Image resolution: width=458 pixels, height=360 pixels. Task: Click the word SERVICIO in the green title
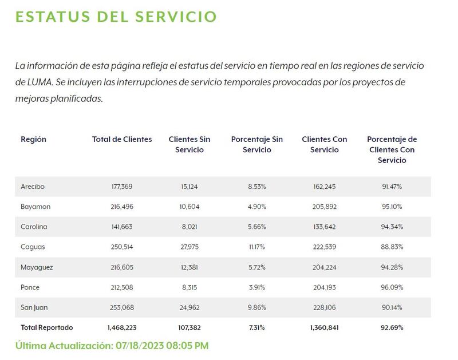pos(176,17)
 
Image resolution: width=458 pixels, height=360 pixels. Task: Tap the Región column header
pos(34,140)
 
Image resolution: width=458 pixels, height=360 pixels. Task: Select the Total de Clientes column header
pos(122,139)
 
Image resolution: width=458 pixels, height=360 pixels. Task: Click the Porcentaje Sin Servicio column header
pos(257,145)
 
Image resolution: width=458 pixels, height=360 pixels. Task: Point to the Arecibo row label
pos(33,187)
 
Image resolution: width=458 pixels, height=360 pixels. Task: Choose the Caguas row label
pos(33,247)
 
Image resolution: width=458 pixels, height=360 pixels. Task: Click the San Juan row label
pos(34,307)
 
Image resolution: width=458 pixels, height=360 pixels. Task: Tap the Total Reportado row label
pos(47,327)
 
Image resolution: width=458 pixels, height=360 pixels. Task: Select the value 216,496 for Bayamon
pos(122,207)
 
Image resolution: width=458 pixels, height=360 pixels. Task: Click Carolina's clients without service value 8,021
pos(189,227)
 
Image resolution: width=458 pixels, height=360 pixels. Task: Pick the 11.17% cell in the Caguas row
pos(257,247)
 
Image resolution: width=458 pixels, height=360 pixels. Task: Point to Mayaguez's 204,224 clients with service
pos(325,267)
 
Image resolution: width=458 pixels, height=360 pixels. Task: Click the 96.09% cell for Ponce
pos(392,287)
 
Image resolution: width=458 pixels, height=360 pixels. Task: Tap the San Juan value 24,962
pos(189,307)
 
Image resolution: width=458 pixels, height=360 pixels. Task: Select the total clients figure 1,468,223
pos(122,327)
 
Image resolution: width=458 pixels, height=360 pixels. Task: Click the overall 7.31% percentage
pos(257,327)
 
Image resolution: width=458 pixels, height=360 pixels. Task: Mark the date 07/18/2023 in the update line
pos(139,346)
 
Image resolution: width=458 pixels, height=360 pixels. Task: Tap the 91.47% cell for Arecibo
pos(392,187)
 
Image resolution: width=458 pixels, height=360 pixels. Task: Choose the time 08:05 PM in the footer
pos(188,346)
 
